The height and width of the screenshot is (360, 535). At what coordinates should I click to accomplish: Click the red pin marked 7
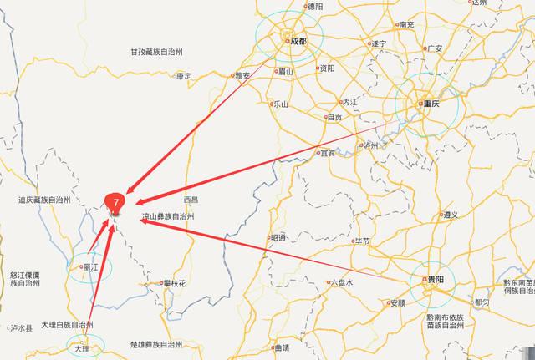click(x=115, y=201)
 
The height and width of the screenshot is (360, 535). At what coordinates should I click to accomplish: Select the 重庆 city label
click(x=432, y=104)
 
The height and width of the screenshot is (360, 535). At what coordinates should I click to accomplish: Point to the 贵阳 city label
click(x=435, y=280)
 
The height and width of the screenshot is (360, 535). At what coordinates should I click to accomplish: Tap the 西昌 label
click(x=191, y=200)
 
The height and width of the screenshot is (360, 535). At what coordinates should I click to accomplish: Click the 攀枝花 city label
click(x=177, y=283)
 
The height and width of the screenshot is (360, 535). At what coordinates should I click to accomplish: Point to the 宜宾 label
click(x=328, y=153)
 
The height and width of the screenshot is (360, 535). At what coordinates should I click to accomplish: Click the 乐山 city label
click(x=280, y=104)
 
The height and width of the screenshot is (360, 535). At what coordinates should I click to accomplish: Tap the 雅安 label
click(x=242, y=75)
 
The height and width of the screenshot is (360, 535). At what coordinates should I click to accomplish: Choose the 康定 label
click(x=184, y=76)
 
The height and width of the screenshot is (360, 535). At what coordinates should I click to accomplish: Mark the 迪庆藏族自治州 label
click(x=44, y=200)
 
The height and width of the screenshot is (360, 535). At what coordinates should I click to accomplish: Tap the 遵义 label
click(x=451, y=215)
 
